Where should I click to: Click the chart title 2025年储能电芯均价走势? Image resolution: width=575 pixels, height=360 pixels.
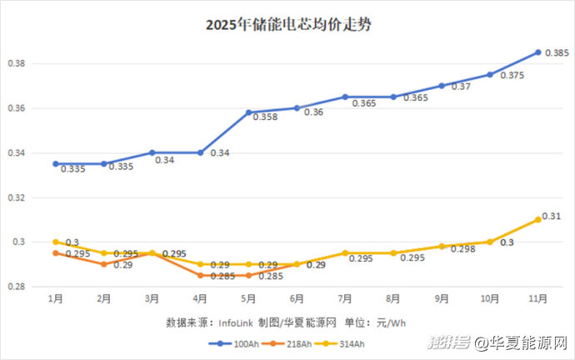pyautogui.click(x=287, y=25)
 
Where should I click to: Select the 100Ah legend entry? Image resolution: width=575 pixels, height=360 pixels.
pyautogui.click(x=238, y=342)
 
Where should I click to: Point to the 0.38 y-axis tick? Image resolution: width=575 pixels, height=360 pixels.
pyautogui.click(x=19, y=63)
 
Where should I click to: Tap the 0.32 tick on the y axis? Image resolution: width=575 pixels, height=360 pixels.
pyautogui.click(x=19, y=198)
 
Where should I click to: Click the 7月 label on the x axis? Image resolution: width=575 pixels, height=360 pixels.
pyautogui.click(x=345, y=297)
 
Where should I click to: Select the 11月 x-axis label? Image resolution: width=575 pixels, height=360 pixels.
pyautogui.click(x=537, y=297)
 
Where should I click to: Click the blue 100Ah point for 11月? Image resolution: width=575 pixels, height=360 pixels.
pyautogui.click(x=538, y=52)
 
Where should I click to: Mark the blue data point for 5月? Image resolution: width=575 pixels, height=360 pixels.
pyautogui.click(x=248, y=112)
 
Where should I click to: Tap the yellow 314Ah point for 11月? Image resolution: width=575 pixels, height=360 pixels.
pyautogui.click(x=538, y=219)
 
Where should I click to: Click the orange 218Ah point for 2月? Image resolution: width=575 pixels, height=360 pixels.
pyautogui.click(x=104, y=264)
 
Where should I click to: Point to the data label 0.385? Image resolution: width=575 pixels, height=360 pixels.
pyautogui.click(x=557, y=53)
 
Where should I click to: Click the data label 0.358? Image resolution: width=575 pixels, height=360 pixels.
pyautogui.click(x=266, y=117)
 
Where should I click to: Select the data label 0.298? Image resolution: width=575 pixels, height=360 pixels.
pyautogui.click(x=460, y=249)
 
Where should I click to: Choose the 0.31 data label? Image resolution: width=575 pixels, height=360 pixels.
pyautogui.click(x=552, y=217)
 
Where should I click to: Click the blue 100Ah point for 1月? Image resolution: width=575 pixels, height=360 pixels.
pyautogui.click(x=56, y=164)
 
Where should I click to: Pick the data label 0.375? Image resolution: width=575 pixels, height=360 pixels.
pyautogui.click(x=512, y=76)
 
